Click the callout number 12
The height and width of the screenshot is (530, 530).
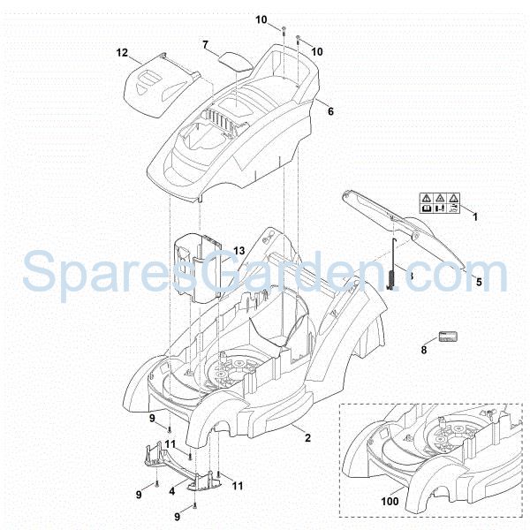point(122,53)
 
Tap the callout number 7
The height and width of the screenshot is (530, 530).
point(205,44)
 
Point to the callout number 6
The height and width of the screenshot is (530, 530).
point(330,111)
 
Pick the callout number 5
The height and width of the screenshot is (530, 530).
point(479,284)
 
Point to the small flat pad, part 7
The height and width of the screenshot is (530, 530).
point(234,60)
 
